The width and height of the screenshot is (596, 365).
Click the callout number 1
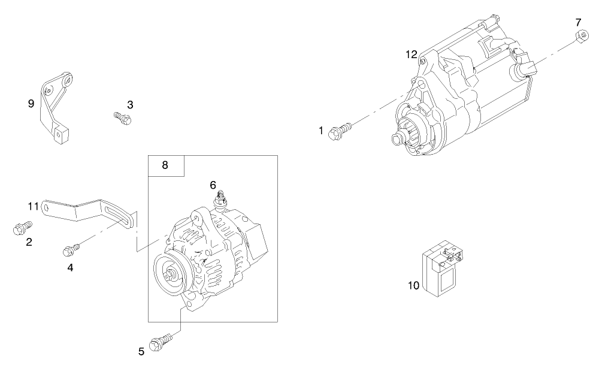pos(322,130)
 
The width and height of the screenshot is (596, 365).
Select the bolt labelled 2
pos(22,228)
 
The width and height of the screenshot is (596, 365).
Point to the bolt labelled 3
pos(123,117)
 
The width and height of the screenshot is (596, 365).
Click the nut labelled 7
pos(579,37)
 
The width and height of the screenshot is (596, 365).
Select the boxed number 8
pos(166,165)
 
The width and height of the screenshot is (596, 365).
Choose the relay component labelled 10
pos(444,270)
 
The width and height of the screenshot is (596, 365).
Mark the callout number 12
pos(411,55)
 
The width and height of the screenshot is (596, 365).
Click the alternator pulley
pos(170,275)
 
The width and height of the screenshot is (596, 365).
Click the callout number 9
pos(31,103)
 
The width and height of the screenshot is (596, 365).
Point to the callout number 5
pos(141,352)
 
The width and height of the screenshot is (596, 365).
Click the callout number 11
pos(34,206)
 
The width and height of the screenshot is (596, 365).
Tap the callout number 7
pos(578,22)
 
